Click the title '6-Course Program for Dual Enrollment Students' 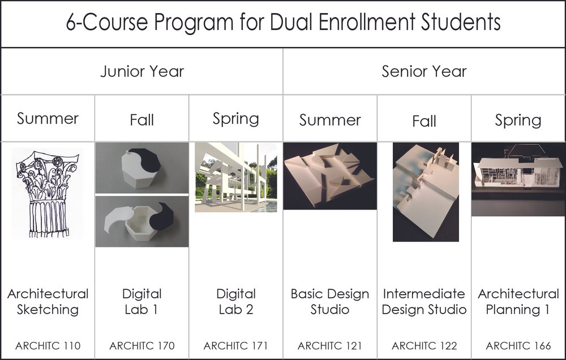(283, 23)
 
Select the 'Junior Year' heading (142, 71)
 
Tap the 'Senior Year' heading (424, 71)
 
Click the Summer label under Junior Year (48, 119)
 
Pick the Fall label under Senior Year (424, 121)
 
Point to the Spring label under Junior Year (235, 119)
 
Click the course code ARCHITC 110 (48, 345)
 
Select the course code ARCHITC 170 (141, 345)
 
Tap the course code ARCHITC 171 (235, 345)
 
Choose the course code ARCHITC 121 (329, 345)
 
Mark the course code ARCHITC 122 (424, 345)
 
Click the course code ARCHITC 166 (518, 345)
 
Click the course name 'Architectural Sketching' (48, 302)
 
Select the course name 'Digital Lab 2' (235, 302)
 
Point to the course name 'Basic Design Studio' (329, 302)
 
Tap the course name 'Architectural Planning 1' (518, 302)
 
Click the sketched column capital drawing (48, 192)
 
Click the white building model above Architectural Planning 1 (518, 173)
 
